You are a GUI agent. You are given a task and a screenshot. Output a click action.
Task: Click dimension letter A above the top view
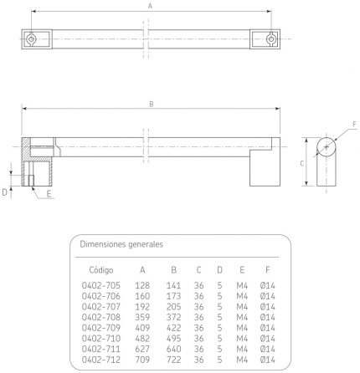tap(150, 6)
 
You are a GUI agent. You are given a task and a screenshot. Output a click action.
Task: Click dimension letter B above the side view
tap(152, 104)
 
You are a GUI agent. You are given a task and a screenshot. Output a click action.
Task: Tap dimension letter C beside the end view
tap(302, 163)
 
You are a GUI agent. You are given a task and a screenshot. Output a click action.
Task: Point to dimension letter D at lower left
tap(4, 192)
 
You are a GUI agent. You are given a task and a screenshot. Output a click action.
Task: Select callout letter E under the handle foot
tap(49, 194)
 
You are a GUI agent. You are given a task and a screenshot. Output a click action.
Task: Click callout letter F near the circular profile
tap(354, 124)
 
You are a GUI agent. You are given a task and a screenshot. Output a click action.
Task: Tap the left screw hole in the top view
tap(31, 38)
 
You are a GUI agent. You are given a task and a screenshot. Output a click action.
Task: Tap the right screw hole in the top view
tap(270, 38)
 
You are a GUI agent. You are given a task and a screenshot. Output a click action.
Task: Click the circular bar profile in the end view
tap(327, 147)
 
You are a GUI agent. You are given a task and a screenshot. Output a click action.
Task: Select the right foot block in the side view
tap(265, 168)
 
